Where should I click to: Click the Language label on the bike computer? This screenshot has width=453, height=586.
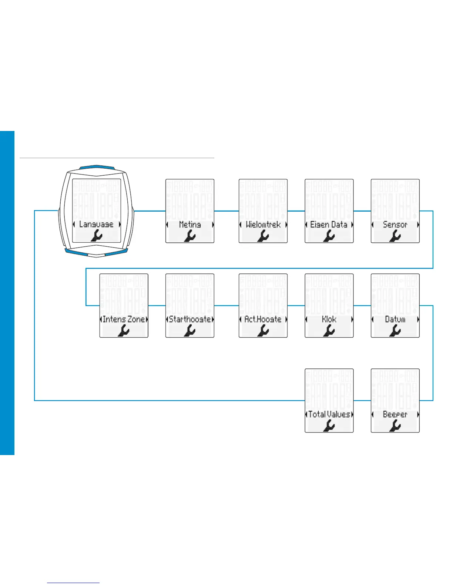96,224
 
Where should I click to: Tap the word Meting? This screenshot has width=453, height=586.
189,225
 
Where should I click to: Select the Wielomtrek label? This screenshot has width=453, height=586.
263,225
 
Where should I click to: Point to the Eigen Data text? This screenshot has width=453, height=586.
329,225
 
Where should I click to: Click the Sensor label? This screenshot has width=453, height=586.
395,225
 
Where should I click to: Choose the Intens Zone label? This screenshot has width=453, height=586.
124,319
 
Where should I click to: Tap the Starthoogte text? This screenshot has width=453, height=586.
189,319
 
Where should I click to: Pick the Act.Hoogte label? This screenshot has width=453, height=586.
263,319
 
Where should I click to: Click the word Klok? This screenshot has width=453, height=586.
329,319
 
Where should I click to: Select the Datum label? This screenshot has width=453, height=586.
395,319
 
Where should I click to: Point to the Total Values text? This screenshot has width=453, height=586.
329,414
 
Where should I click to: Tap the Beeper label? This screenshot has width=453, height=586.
395,414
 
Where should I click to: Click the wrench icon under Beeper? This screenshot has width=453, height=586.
395,426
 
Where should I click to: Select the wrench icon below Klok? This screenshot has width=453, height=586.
329,331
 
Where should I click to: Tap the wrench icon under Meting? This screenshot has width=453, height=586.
189,236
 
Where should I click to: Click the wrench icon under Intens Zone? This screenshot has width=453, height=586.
124,331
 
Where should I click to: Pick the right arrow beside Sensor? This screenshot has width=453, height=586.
418,225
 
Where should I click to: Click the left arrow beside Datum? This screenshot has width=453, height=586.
373,319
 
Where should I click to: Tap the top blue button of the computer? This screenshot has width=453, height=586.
96,167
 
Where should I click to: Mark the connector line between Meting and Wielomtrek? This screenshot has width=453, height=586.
226,211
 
